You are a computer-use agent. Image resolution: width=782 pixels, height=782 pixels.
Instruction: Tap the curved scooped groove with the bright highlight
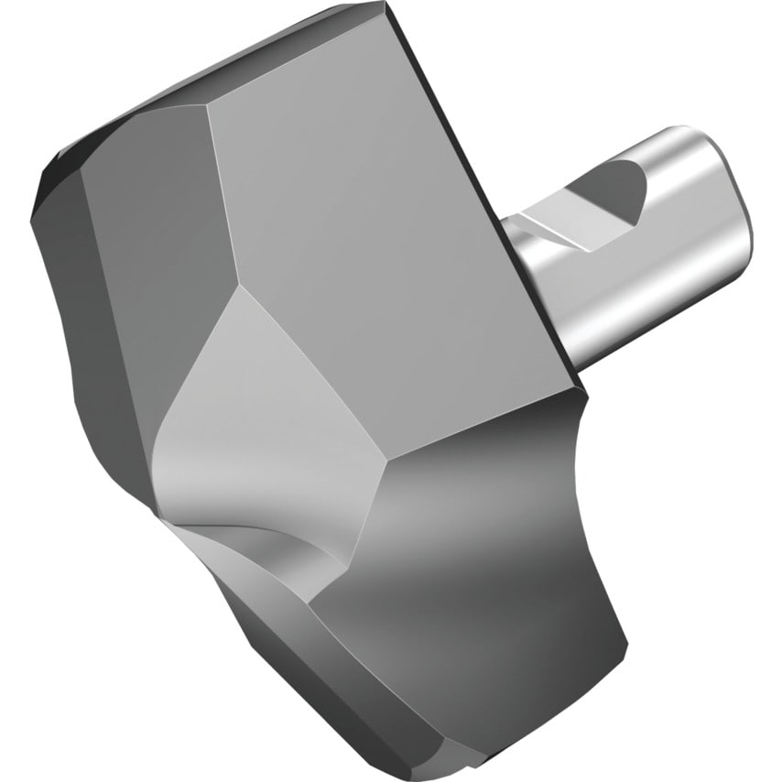[x=247, y=522]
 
